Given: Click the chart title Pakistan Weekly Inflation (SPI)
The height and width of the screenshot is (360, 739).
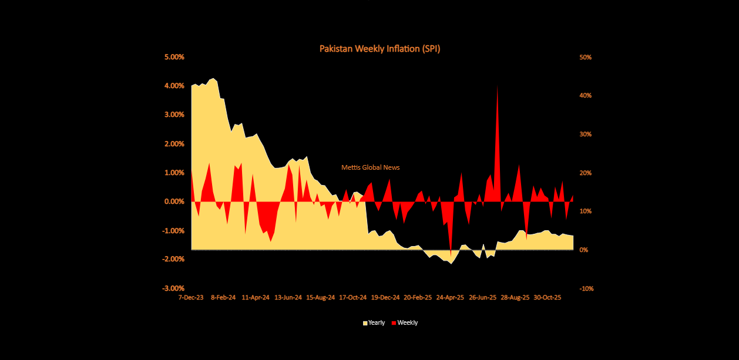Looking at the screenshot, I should (x=379, y=49).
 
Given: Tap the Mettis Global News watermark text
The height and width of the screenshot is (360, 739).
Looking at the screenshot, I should (x=370, y=167).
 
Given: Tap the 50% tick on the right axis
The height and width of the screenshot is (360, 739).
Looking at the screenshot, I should (x=585, y=57).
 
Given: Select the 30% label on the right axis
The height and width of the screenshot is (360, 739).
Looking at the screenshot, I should (x=585, y=134).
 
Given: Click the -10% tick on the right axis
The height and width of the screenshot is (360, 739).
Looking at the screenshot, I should (x=586, y=288).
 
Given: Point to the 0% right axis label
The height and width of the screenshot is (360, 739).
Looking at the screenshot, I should (x=583, y=250).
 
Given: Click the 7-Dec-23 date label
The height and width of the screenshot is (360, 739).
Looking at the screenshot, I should (x=192, y=298).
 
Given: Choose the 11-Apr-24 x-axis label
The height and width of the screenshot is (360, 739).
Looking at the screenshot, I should (x=256, y=298).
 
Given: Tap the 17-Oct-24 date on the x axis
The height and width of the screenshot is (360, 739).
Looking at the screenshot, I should (x=354, y=298).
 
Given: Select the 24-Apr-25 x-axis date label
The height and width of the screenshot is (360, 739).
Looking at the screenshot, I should (x=451, y=298).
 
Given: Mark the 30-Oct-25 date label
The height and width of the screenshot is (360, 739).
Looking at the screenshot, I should (x=547, y=298).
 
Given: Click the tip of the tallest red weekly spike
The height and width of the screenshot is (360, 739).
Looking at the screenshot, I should (x=498, y=86).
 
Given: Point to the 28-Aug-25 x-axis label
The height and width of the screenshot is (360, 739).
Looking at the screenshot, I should (x=515, y=298).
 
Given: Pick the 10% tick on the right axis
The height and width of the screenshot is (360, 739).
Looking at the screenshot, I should (x=585, y=211).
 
